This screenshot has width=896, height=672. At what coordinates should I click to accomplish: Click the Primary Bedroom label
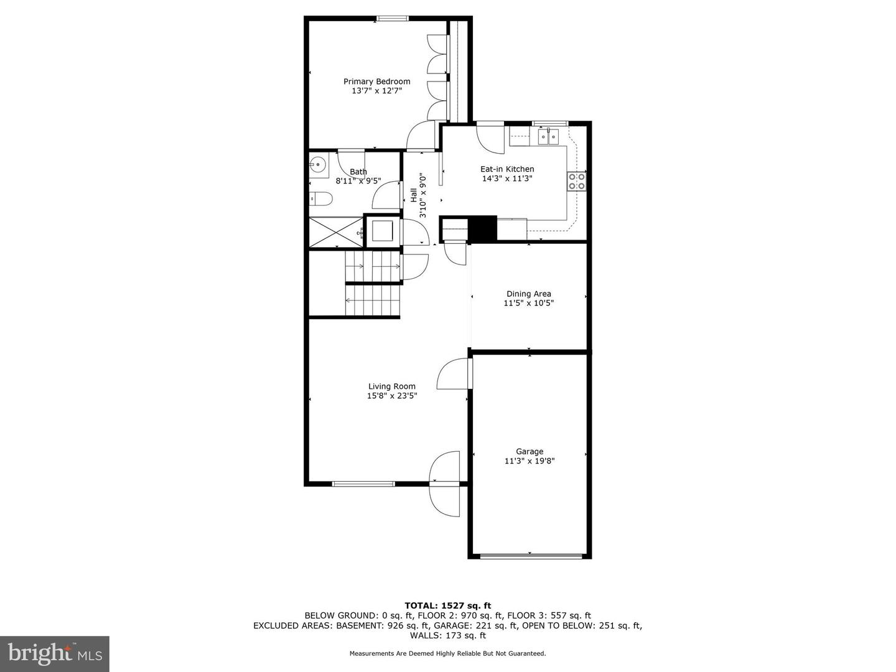pos(377,82)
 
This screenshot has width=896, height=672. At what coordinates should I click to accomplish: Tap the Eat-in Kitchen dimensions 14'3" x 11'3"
pos(507,179)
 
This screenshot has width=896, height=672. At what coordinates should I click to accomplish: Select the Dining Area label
pos(529,294)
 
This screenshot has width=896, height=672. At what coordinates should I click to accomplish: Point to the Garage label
pos(530,452)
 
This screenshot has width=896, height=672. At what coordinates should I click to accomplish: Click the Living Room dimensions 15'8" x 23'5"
pos(392,395)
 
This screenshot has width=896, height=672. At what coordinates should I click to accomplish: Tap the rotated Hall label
pos(414,195)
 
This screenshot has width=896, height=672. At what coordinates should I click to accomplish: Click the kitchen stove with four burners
pos(577,182)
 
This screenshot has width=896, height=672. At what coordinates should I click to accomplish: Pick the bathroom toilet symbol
pos(321,198)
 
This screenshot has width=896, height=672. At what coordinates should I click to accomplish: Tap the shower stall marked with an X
pos(337,232)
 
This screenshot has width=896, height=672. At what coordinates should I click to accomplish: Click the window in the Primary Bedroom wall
pos(392,19)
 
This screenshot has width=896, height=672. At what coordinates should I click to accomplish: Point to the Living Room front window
pos(364,484)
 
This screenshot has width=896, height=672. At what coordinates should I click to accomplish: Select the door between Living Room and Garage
pos(455,374)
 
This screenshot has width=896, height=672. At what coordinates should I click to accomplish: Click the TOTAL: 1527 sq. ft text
pos(448,605)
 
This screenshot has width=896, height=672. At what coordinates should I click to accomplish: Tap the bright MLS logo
pos(55,654)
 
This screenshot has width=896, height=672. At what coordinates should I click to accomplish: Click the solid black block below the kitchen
pos(482,228)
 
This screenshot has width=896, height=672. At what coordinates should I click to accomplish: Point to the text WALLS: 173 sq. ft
pos(448,635)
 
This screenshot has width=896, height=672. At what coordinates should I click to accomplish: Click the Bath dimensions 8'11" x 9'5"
pos(358,180)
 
